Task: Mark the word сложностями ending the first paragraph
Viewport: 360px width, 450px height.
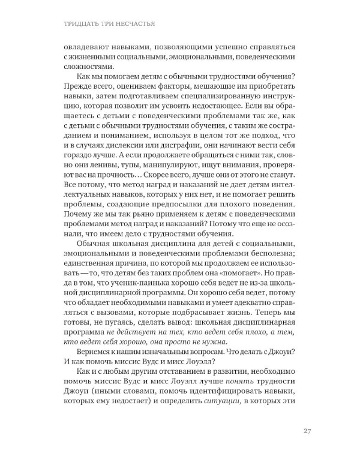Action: (87, 67)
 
